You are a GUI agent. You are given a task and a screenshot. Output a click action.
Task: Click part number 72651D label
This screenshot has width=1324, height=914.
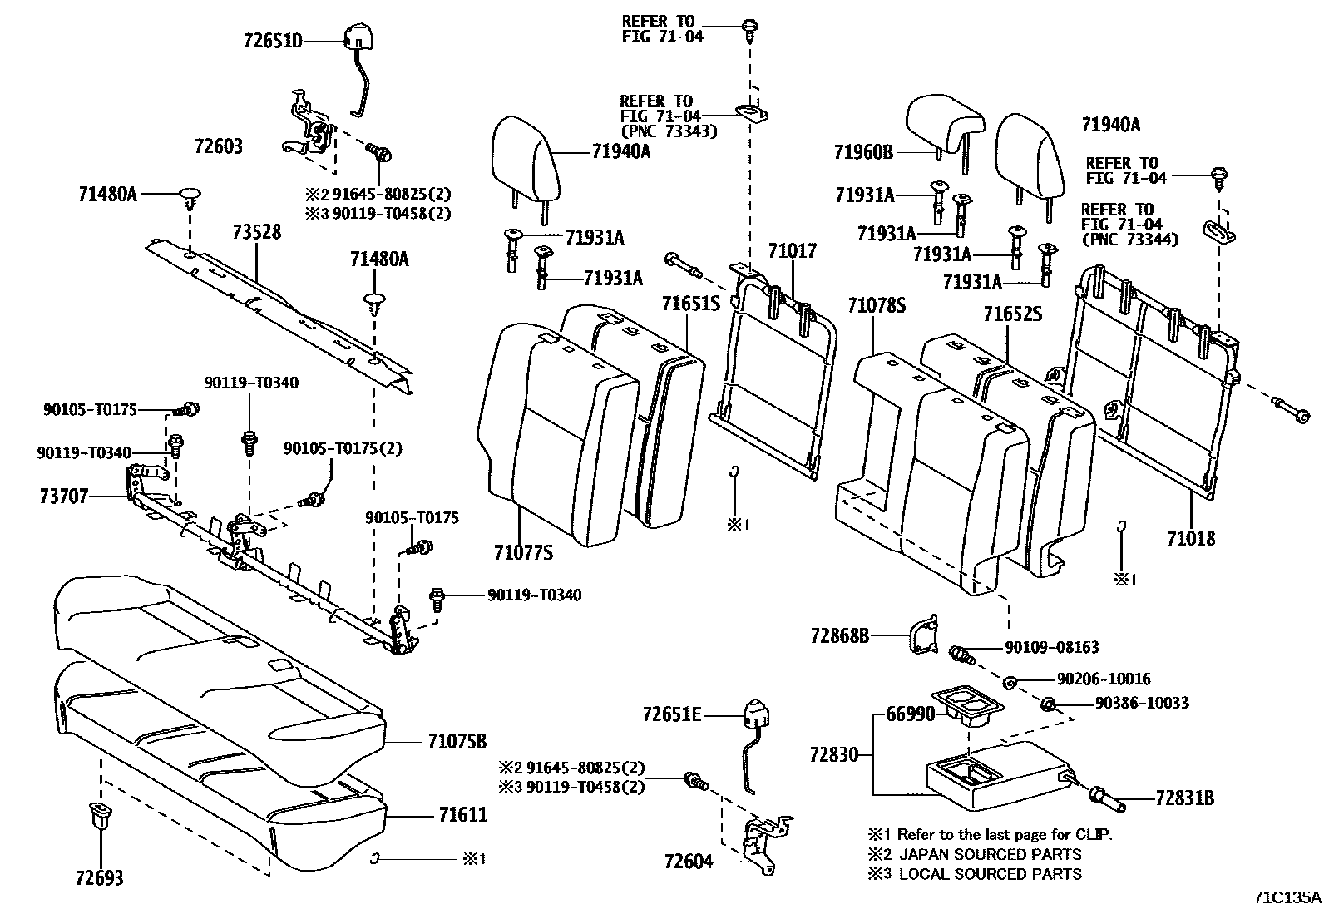273,39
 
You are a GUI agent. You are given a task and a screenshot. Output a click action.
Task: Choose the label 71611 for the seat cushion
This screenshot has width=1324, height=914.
457,814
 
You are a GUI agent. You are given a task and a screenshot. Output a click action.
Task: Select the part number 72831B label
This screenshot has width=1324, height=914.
1184,798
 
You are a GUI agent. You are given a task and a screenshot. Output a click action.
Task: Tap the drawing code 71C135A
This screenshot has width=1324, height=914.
1287,897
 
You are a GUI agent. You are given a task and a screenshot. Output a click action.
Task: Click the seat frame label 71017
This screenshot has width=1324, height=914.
792,251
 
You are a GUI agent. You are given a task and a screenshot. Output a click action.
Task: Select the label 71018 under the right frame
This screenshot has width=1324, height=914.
1190,538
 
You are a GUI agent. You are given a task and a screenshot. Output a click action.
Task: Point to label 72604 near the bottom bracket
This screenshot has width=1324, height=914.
689,862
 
